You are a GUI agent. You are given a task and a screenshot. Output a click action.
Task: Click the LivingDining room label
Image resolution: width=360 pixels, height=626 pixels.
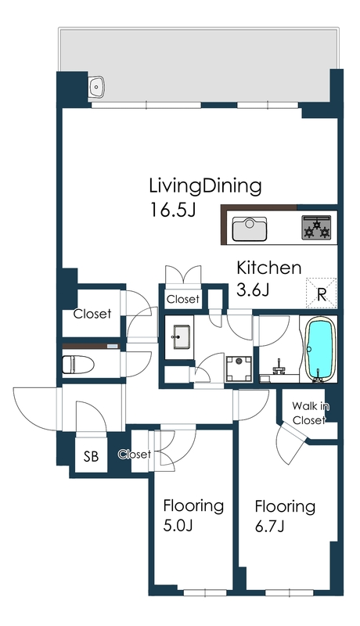(205, 187)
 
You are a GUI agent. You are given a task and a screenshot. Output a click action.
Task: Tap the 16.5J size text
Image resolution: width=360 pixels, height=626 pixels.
(172, 210)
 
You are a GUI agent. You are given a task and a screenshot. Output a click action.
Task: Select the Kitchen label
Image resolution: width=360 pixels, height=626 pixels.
(269, 268)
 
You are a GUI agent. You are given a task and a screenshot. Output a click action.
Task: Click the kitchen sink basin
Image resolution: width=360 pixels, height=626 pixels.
(250, 228)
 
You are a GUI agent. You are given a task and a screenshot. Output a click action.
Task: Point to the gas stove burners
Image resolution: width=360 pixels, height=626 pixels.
(317, 228)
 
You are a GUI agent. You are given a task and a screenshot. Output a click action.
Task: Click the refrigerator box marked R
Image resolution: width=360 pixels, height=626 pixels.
(322, 293)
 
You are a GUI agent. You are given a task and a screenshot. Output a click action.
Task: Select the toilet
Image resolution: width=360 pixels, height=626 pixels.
(77, 364)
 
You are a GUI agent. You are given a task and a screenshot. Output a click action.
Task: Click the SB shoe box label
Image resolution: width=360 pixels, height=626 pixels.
(91, 456)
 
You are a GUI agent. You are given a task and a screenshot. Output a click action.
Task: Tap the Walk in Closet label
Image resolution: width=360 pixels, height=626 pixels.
(310, 413)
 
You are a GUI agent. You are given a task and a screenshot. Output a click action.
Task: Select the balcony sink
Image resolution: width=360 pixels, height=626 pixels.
(96, 86)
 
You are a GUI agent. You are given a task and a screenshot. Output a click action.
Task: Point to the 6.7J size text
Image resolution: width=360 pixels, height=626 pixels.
(269, 526)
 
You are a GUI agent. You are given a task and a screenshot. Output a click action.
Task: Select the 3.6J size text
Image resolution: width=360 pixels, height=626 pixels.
(253, 290)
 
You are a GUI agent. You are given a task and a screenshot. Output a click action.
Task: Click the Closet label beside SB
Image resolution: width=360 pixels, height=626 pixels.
(135, 454)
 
